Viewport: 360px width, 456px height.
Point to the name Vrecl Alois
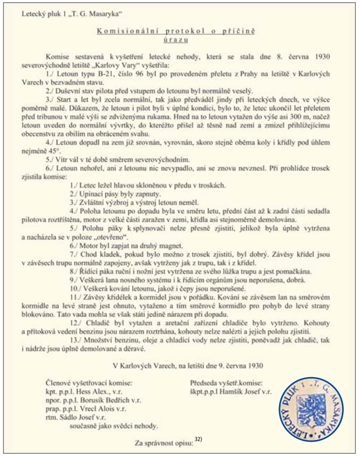(x=101, y=408)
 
